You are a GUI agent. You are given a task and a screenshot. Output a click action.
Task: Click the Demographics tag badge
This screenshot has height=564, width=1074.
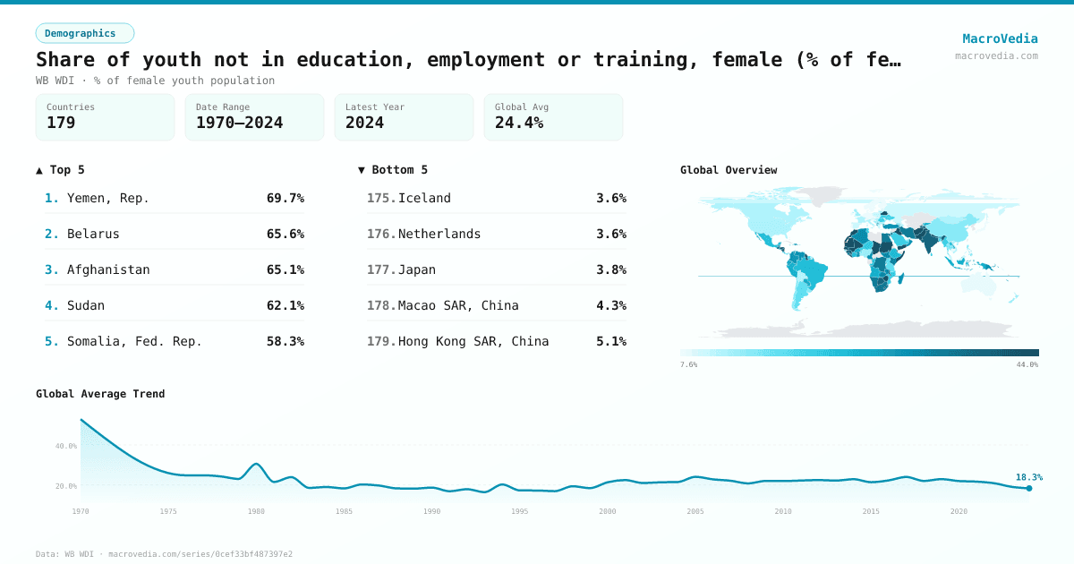point(84,33)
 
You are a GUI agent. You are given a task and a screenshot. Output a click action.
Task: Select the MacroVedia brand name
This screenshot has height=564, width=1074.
point(1000,38)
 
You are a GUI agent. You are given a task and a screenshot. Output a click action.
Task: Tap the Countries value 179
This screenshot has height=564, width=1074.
point(61,124)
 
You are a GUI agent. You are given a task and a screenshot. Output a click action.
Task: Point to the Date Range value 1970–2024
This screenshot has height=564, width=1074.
point(239,124)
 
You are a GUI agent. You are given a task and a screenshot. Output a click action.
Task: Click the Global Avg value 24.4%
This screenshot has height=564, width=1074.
point(519,124)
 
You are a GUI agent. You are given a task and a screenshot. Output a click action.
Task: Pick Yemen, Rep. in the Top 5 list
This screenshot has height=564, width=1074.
point(107,198)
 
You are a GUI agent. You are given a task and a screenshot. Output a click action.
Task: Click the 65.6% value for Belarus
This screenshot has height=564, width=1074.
point(285,234)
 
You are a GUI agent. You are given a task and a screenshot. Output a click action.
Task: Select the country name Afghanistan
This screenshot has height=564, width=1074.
point(108,269)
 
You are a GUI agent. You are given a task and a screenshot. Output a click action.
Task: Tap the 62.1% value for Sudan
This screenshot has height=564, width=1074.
point(285,305)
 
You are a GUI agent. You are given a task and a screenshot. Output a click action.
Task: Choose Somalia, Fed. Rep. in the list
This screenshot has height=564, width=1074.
point(134,341)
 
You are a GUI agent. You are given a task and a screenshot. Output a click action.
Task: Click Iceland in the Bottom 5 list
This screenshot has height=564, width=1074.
point(424,198)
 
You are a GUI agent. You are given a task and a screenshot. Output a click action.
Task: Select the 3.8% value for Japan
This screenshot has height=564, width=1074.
point(610,269)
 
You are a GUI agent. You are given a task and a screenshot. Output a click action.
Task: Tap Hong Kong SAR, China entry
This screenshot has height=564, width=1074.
point(473,341)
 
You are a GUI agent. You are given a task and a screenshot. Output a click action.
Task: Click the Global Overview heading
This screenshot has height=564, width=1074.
point(729,170)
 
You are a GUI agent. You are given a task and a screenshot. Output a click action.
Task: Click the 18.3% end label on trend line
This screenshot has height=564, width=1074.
point(1028,477)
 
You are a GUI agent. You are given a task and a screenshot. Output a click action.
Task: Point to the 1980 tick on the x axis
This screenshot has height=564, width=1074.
point(256,511)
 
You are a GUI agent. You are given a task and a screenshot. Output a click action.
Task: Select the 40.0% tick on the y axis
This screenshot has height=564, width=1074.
point(66,446)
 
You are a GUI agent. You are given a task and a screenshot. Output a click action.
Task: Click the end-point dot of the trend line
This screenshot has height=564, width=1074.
point(1029,488)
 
